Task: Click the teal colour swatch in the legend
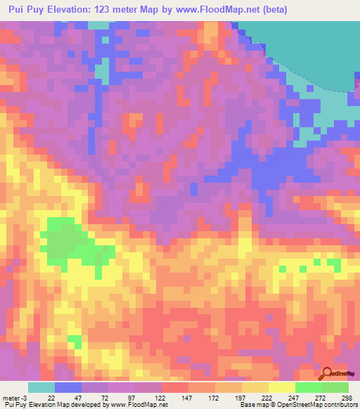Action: pyautogui.click(x=41, y=387)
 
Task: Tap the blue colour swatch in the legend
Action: pyautogui.click(x=68, y=387)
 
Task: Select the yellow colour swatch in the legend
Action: pyautogui.click(x=281, y=387)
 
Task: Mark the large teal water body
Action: pyautogui.click(x=309, y=49)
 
